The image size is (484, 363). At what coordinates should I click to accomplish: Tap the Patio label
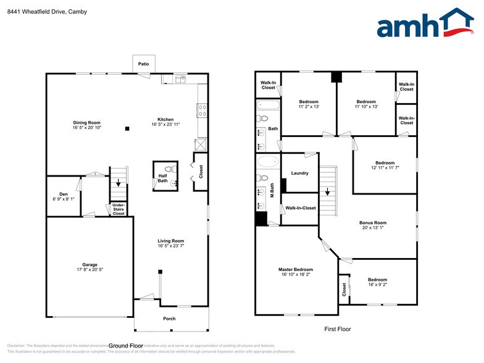(x=143, y=64)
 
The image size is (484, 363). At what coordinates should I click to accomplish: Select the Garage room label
(x=90, y=265)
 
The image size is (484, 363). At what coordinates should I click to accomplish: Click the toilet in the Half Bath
(x=173, y=169)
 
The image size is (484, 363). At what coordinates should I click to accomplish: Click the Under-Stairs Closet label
(x=118, y=210)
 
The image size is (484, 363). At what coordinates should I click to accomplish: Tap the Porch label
(x=169, y=319)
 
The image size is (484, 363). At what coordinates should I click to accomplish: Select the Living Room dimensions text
(x=172, y=246)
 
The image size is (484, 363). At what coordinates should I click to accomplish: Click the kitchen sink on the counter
(x=180, y=79)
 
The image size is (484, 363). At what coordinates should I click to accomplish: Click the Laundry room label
(x=299, y=173)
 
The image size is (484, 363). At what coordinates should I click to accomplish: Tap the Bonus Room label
(x=373, y=222)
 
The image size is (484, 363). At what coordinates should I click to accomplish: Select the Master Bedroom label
(x=295, y=269)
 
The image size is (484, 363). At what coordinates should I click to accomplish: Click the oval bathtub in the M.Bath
(x=267, y=162)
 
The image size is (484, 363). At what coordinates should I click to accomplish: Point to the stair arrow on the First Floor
(x=328, y=192)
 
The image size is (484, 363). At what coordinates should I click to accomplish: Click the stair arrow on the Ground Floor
(x=119, y=182)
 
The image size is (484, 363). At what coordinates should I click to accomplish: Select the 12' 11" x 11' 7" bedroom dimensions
(x=385, y=168)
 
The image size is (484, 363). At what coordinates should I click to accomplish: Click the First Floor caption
(x=337, y=329)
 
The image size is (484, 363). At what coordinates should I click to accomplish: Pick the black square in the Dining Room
(x=127, y=129)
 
